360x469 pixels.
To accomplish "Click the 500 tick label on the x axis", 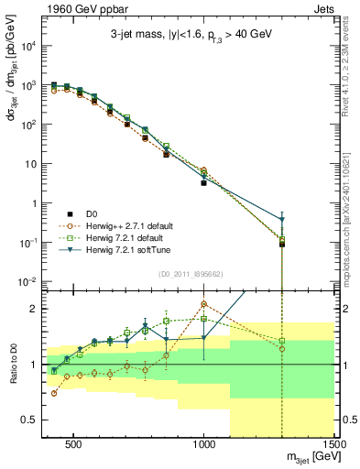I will [x=75, y=446].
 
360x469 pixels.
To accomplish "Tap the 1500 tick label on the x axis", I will [x=334, y=446].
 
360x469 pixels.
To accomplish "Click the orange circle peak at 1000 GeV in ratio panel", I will [x=204, y=304].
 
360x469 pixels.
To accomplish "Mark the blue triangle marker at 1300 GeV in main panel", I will [x=282, y=220].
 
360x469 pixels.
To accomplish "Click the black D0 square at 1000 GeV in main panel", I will [x=204, y=183].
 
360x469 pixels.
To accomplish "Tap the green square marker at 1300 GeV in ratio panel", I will [x=282, y=341].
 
